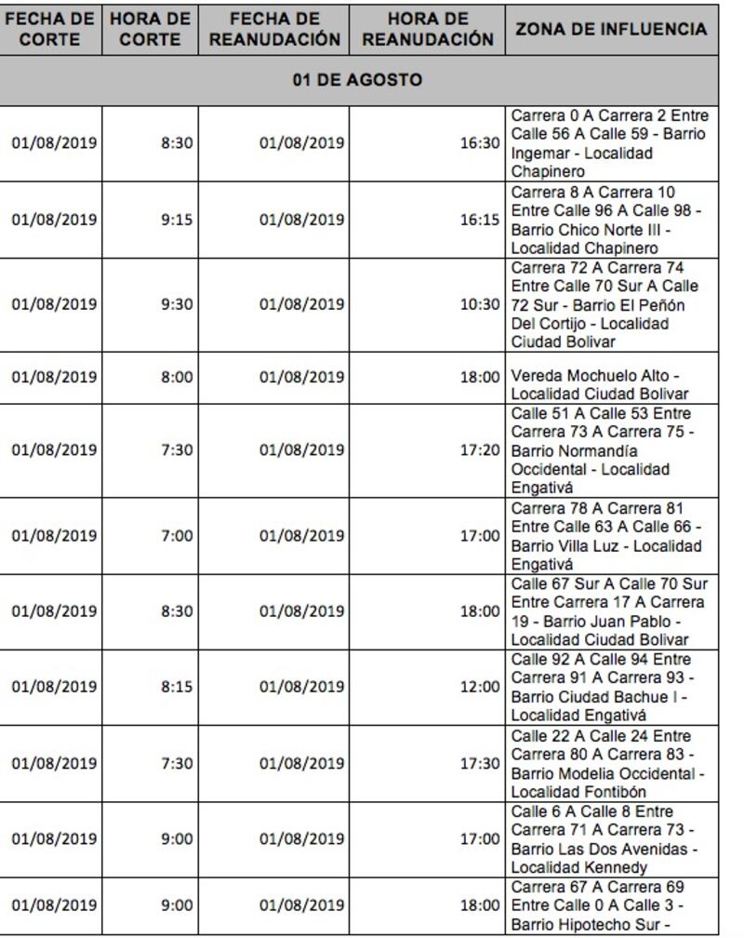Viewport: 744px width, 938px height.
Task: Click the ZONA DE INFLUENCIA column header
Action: coord(611,30)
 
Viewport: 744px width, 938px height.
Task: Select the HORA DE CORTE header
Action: coord(150,30)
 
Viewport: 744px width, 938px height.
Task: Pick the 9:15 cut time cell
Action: coord(176,221)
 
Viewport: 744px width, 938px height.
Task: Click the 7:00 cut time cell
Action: coord(176,536)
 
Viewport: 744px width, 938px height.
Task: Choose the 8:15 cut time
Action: coord(176,688)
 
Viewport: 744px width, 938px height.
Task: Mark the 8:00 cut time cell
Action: coord(176,377)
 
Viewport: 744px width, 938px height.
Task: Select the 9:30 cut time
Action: coord(176,304)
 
